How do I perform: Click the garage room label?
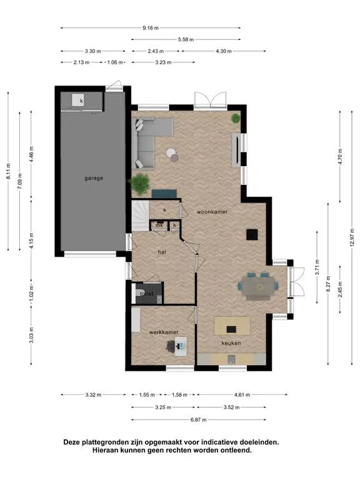pyautogui.click(x=94, y=178)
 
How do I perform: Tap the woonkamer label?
pyautogui.click(x=212, y=212)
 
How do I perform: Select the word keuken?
pyautogui.click(x=231, y=343)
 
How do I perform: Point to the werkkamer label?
pyautogui.click(x=164, y=332)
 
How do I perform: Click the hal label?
pyautogui.click(x=162, y=252)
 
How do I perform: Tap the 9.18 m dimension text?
pyautogui.click(x=151, y=28)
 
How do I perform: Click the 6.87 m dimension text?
pyautogui.click(x=198, y=420)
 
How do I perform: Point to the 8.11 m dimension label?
pyautogui.click(x=9, y=171)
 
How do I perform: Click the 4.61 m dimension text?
pyautogui.click(x=242, y=395)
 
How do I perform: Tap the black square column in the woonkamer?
pyautogui.click(x=252, y=235)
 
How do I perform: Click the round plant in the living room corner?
pyautogui.click(x=236, y=118)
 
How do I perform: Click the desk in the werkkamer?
pyautogui.click(x=181, y=346)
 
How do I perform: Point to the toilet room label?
pyautogui.click(x=147, y=294)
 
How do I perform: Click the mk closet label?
pyautogui.click(x=159, y=225)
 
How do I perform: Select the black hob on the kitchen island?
pyautogui.click(x=231, y=329)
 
